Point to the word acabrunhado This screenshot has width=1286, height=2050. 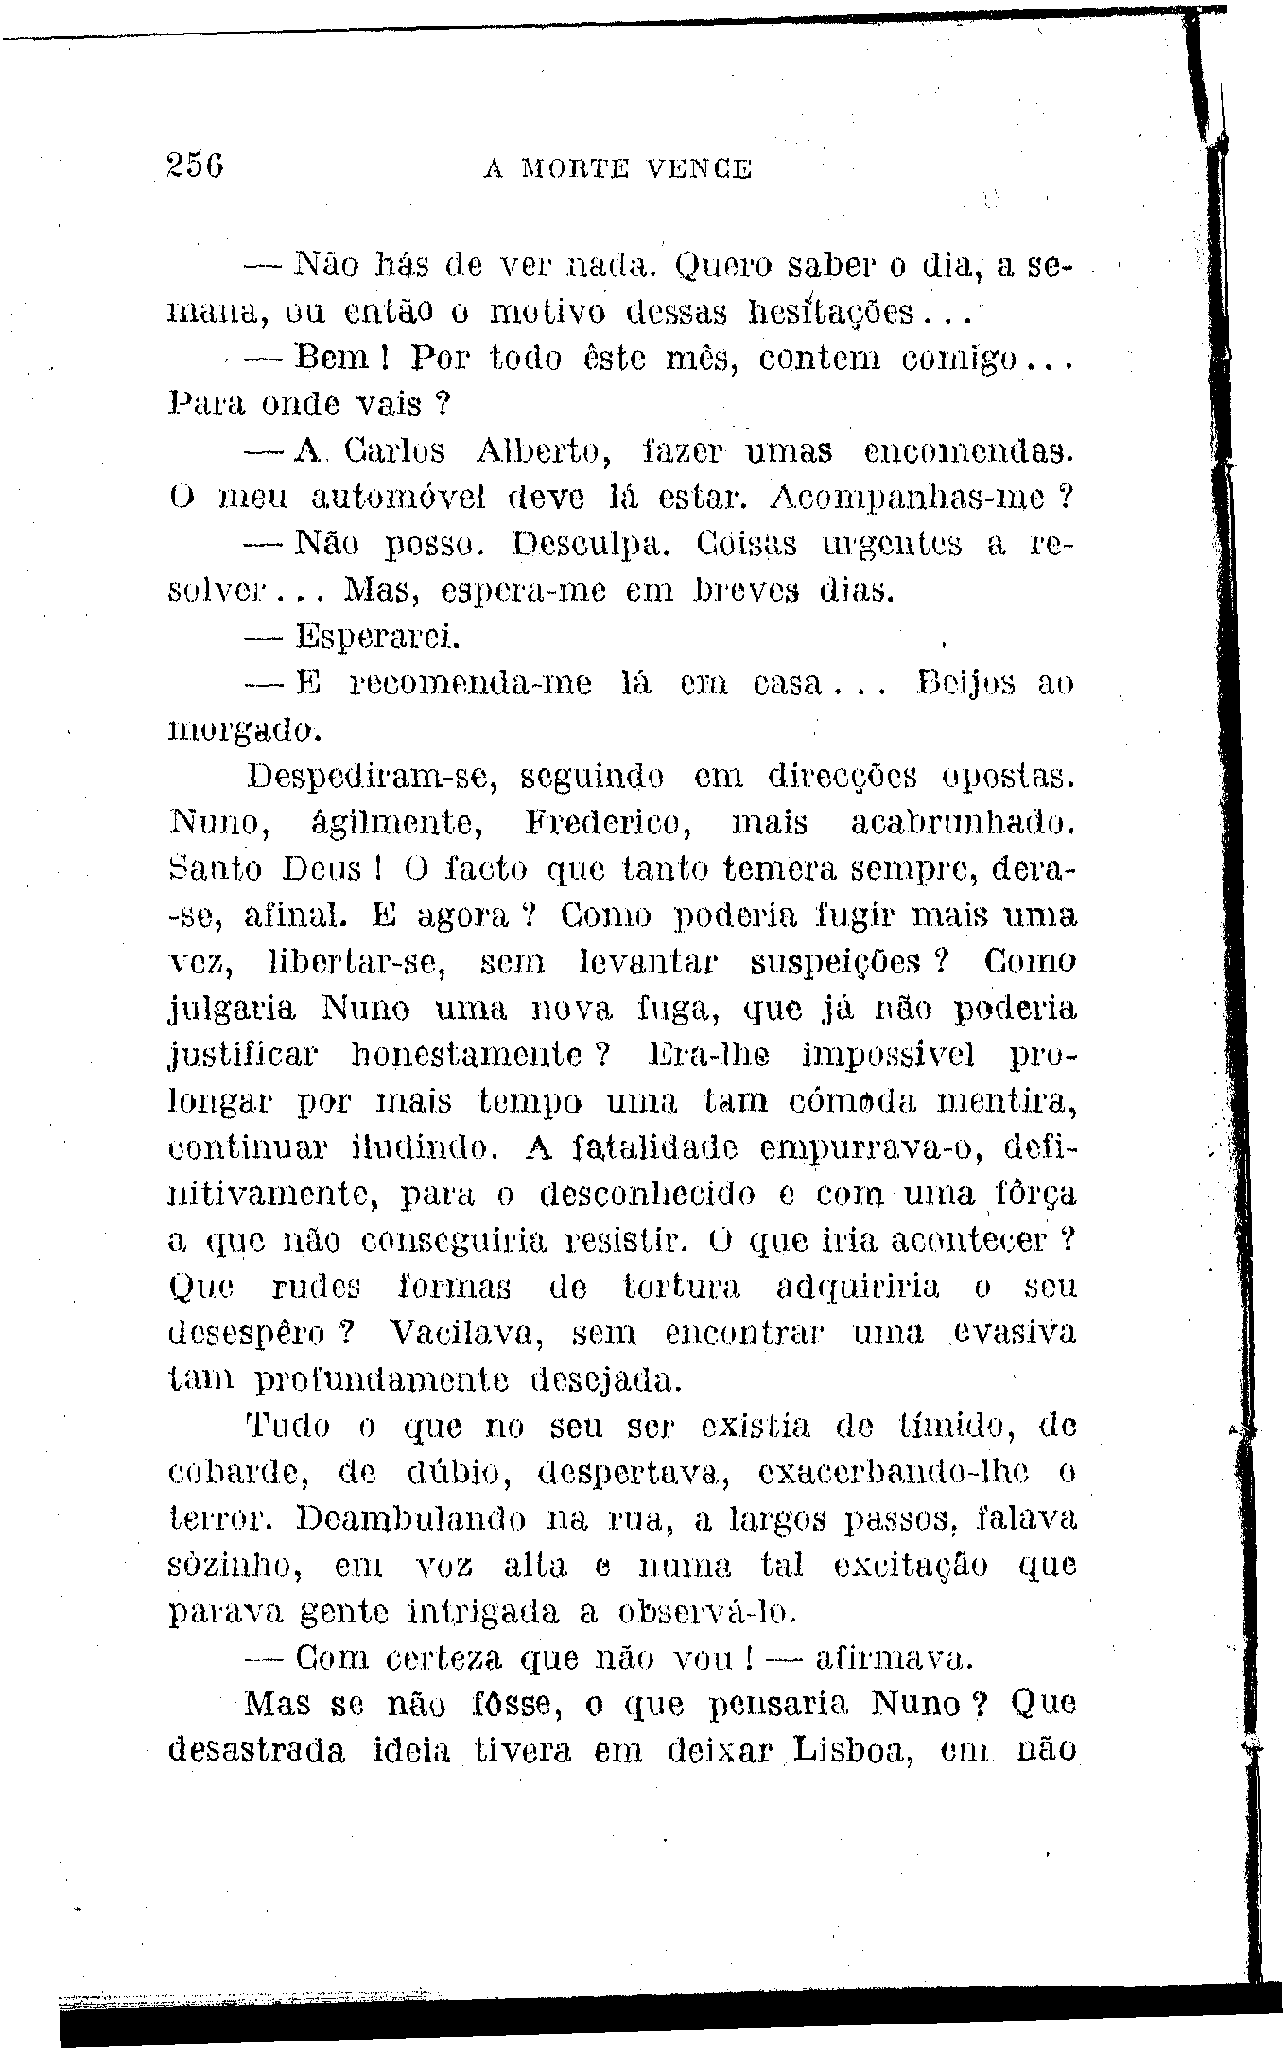pos(963,823)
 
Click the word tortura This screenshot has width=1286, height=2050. pos(683,1288)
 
